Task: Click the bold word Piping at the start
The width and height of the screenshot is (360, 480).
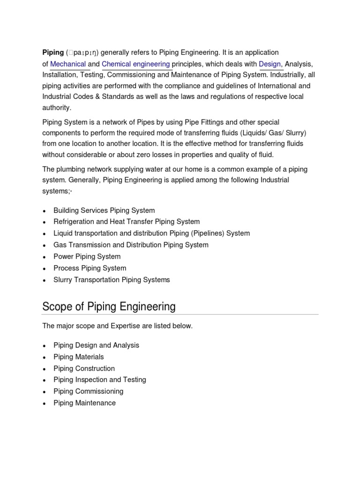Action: pos(52,52)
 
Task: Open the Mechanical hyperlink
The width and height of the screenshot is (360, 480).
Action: pos(68,64)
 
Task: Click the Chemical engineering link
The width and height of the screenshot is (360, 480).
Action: pos(135,64)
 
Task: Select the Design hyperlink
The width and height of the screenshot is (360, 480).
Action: pos(270,64)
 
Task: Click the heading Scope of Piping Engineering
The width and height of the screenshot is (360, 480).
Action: pos(109,307)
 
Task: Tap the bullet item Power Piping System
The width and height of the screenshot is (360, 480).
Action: pos(87,256)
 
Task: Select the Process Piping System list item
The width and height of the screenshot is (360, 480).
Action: pos(90,268)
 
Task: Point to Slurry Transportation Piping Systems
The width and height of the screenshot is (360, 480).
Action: pos(112,280)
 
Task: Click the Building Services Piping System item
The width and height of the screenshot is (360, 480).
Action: pos(104,210)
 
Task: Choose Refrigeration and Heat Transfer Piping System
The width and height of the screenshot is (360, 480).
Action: pos(127,222)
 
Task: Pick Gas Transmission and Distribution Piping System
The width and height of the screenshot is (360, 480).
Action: pos(131,245)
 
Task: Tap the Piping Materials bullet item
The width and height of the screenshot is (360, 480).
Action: pos(79,357)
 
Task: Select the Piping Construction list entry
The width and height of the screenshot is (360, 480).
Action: pos(84,368)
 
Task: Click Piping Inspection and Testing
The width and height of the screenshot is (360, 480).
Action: pos(100,380)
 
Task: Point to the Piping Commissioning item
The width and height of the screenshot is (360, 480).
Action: pos(89,391)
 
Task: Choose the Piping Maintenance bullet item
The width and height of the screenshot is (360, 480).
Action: pos(84,403)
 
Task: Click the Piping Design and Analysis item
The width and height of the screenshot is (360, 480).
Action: pos(96,345)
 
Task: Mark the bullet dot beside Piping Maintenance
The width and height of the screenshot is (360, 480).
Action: pos(44,404)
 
